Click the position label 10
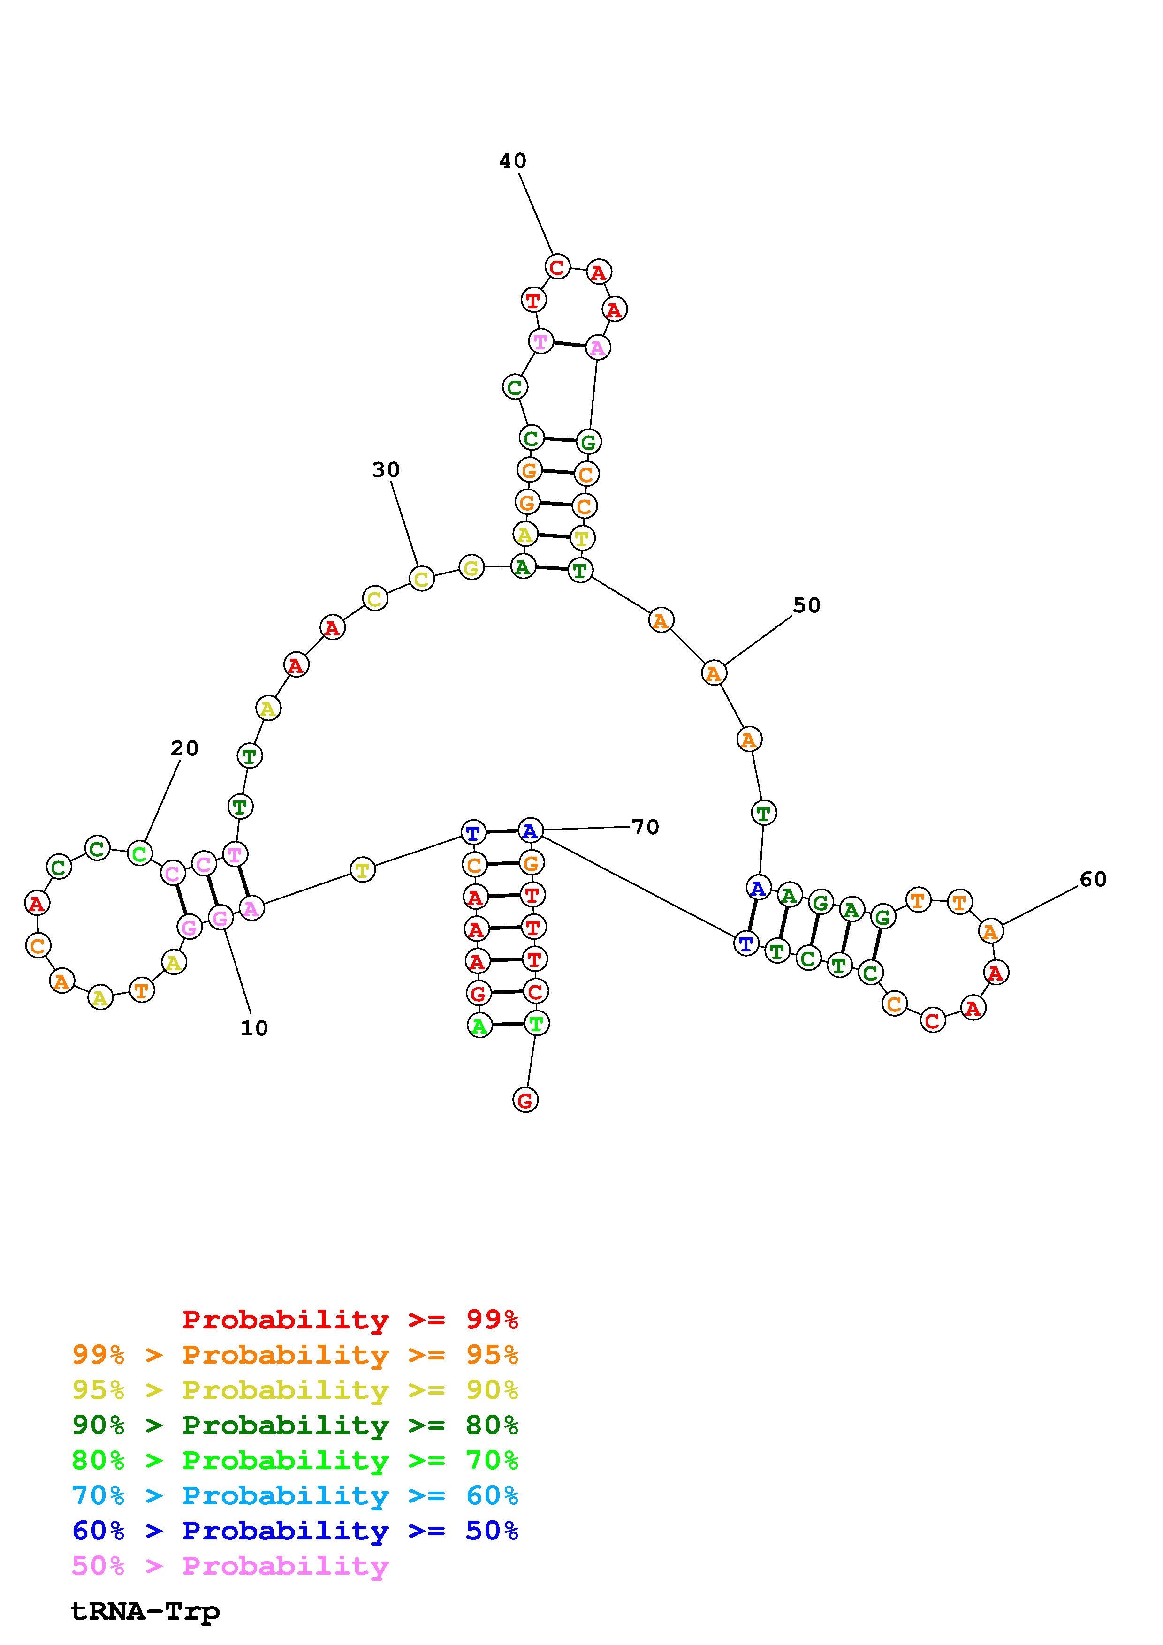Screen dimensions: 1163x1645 point(254,1028)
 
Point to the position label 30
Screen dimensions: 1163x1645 point(386,469)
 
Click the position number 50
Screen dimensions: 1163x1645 point(806,605)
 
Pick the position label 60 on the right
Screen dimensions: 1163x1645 point(1093,879)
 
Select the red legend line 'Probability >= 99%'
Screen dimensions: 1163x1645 point(350,1319)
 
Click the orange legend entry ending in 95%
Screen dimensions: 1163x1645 point(295,1354)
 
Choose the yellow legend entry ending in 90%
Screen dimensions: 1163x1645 point(295,1390)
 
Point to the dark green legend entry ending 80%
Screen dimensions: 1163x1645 point(295,1425)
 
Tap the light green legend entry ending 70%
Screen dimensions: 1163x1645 point(295,1460)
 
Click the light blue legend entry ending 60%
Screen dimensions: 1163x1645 point(295,1495)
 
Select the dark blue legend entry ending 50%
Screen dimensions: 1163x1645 point(295,1531)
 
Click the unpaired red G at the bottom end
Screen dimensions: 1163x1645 point(525,1100)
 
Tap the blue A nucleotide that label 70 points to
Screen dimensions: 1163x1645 point(530,831)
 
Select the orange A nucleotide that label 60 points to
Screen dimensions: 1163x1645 point(990,931)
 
